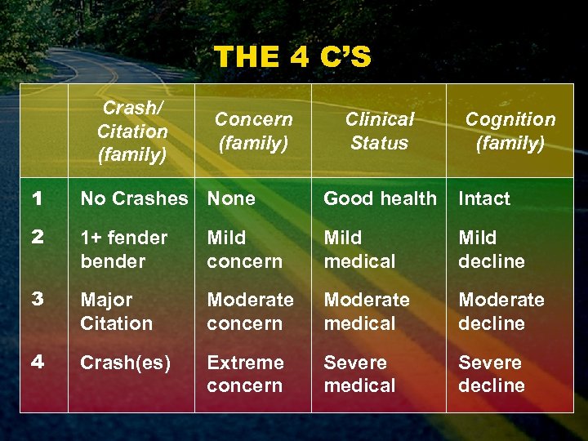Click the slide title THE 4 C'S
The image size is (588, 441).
pos(292,57)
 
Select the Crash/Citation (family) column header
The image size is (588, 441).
pos(132,131)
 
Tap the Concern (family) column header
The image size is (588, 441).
pos(253,131)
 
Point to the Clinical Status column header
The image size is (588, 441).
pos(379,131)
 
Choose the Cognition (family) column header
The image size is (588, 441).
pos(510,131)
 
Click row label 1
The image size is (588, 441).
pos(36,198)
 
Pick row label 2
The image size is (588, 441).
pos(36,238)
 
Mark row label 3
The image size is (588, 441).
pos(36,300)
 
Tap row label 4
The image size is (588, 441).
pos(36,362)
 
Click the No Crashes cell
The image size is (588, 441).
pos(134,198)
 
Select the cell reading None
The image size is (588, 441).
pos(231,198)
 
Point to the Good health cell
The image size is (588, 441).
pos(380,198)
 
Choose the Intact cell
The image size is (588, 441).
pos(483,198)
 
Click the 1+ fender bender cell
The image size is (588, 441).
pos(123,249)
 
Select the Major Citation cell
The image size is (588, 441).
pos(116,311)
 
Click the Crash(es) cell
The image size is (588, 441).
pos(125,362)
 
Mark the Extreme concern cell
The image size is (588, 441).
pos(245,373)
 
